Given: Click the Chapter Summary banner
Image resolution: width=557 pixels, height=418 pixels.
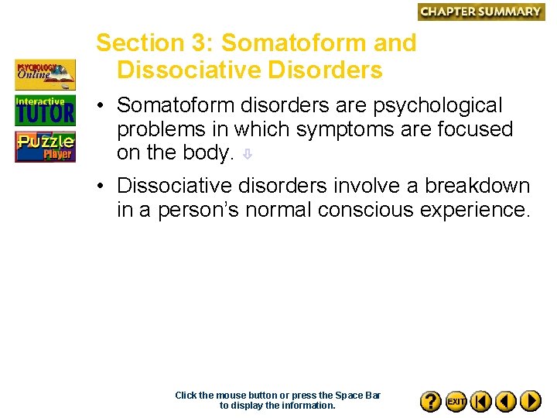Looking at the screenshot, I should (x=480, y=12).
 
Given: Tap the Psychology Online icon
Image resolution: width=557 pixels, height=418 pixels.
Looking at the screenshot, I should (x=45, y=75).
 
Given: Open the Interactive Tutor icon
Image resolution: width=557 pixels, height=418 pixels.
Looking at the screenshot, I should (x=45, y=111).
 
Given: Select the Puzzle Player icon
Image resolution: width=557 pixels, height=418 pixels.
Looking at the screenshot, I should (x=45, y=146).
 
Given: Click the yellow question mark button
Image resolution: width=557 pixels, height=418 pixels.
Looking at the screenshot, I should (x=431, y=401).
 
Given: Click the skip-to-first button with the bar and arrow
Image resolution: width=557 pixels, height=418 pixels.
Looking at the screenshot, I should (x=480, y=401).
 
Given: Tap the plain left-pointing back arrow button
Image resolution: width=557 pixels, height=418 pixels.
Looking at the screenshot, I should (x=505, y=401).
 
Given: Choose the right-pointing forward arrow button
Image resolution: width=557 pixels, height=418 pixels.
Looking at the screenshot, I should (x=530, y=401).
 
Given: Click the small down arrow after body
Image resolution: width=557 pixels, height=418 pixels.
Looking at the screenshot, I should (x=247, y=154).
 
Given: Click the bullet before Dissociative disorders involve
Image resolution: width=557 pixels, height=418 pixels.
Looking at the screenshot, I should (x=101, y=187).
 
